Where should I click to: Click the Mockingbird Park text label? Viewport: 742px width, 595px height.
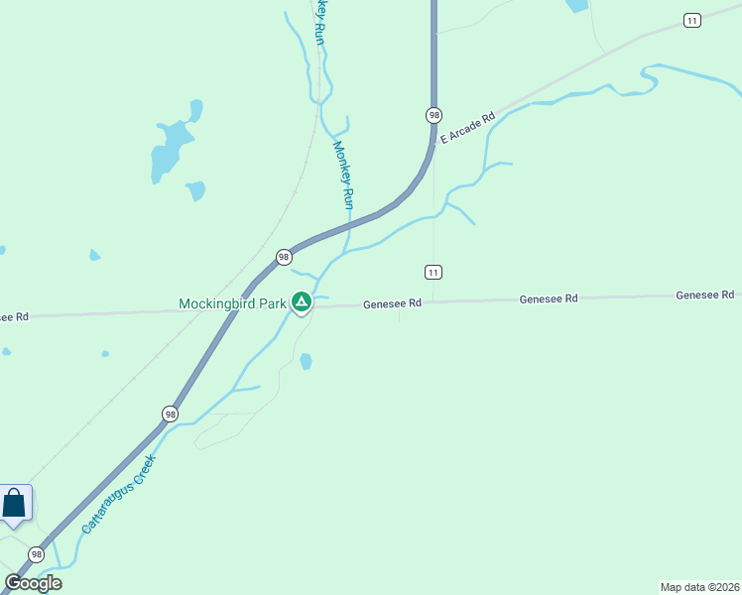[232, 303]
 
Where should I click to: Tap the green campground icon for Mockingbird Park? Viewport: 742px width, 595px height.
[302, 301]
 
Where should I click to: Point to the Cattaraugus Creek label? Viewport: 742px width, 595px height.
[119, 495]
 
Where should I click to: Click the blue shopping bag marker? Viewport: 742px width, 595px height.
[15, 504]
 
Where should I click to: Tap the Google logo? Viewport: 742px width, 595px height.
[33, 583]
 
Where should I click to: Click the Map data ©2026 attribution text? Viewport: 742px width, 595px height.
[699, 586]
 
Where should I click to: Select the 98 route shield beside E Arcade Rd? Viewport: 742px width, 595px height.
[433, 115]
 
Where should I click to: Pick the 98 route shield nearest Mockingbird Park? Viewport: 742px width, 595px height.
[284, 257]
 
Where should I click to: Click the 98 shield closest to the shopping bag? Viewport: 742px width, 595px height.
[37, 554]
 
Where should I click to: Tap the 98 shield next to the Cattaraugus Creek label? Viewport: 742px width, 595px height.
[171, 414]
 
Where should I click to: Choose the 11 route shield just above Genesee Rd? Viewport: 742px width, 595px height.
[433, 272]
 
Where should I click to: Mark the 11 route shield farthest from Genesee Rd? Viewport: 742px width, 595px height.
[692, 20]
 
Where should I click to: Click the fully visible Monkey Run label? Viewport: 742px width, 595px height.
[342, 175]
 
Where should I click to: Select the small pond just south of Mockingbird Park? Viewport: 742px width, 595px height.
[306, 361]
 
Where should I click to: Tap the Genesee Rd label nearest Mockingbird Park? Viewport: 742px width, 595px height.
[393, 303]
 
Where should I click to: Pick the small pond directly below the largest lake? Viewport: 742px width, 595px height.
[195, 189]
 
